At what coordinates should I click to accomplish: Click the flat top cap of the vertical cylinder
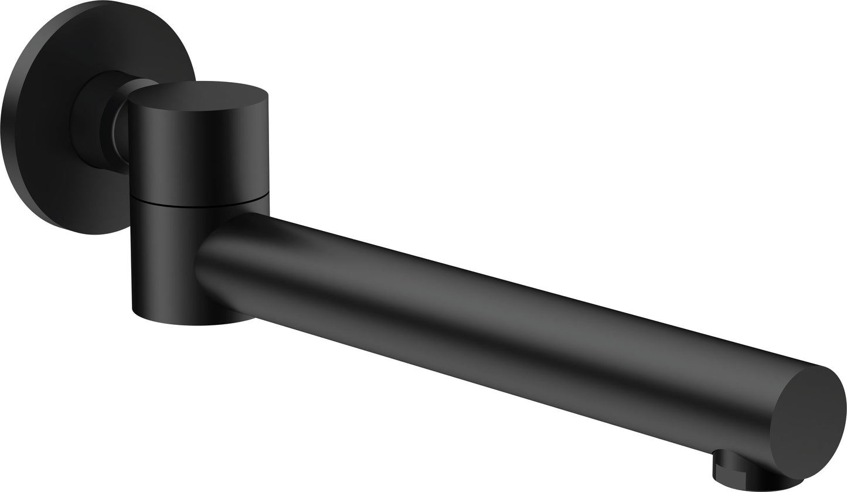pos(198,95)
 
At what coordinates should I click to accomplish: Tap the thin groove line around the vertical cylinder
pos(199,205)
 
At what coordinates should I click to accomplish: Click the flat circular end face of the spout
pos(808,423)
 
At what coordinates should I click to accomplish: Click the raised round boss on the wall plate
pos(88,120)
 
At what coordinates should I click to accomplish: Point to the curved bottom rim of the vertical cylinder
pos(193,323)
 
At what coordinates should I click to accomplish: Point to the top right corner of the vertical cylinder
pos(268,95)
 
